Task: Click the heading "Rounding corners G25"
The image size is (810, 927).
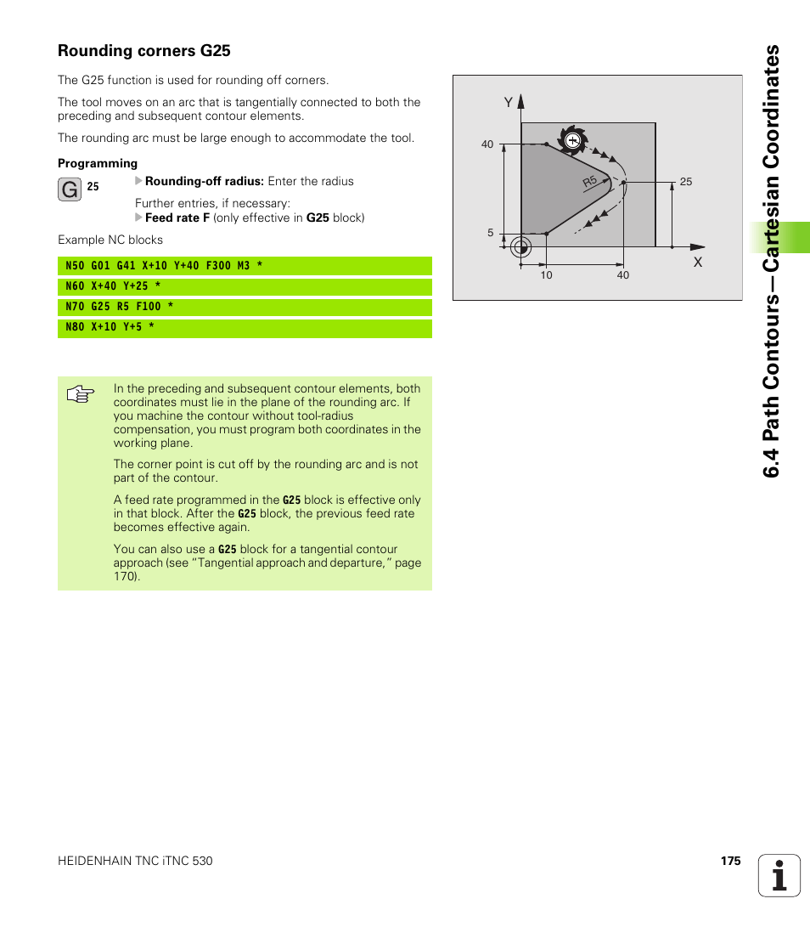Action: pyautogui.click(x=144, y=51)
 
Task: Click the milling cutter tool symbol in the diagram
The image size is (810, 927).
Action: pyautogui.click(x=573, y=139)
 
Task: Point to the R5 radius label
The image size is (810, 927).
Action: pyautogui.click(x=590, y=183)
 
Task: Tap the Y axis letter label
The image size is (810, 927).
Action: pyautogui.click(x=508, y=102)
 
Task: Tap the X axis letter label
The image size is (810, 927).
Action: pyautogui.click(x=698, y=263)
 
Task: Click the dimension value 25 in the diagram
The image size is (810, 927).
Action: pyautogui.click(x=686, y=182)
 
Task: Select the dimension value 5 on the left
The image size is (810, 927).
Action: pyautogui.click(x=490, y=233)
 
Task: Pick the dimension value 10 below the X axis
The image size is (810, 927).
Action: pyautogui.click(x=546, y=275)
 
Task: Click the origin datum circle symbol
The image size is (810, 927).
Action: pyautogui.click(x=521, y=247)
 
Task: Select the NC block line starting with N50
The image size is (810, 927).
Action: pyautogui.click(x=164, y=266)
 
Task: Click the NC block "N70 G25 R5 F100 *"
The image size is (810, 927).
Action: pyautogui.click(x=120, y=307)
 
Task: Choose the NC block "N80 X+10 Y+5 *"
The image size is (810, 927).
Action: pyautogui.click(x=110, y=327)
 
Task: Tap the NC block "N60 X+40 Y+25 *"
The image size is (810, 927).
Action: pyautogui.click(x=113, y=286)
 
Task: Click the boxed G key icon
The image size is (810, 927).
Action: pyautogui.click(x=70, y=189)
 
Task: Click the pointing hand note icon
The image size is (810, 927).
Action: pyautogui.click(x=81, y=395)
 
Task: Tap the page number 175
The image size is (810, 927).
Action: pyautogui.click(x=730, y=861)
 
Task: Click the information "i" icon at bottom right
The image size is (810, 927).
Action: pyautogui.click(x=779, y=875)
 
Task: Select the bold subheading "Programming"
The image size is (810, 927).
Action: pyautogui.click(x=98, y=163)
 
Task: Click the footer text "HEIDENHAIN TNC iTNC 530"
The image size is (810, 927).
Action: pyautogui.click(x=135, y=861)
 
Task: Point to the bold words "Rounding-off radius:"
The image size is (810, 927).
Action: pyautogui.click(x=205, y=181)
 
